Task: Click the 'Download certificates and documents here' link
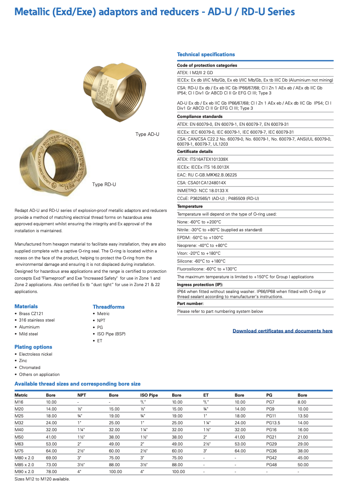coord(282,331)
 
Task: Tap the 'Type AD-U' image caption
coord(147,135)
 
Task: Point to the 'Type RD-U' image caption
coord(104,185)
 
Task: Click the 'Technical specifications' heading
coord(206,54)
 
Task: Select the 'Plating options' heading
coord(33,347)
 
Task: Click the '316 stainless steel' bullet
coord(37,320)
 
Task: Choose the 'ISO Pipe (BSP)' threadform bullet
coord(111,334)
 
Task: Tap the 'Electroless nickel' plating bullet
coord(35,354)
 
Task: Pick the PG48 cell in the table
coord(272,465)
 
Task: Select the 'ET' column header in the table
coord(206,395)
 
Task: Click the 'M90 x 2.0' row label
coord(24,472)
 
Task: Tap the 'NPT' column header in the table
coord(82,395)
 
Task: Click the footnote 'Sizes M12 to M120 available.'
coord(42,479)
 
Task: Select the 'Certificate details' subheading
coord(195,152)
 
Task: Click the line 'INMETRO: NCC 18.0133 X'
coord(203,190)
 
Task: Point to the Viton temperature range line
coord(199,253)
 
